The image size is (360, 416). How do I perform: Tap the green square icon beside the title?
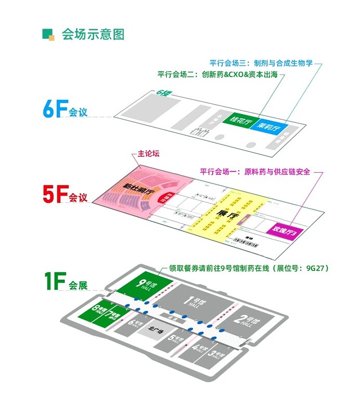click(48, 34)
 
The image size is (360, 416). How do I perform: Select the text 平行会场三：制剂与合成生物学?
click(261, 63)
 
